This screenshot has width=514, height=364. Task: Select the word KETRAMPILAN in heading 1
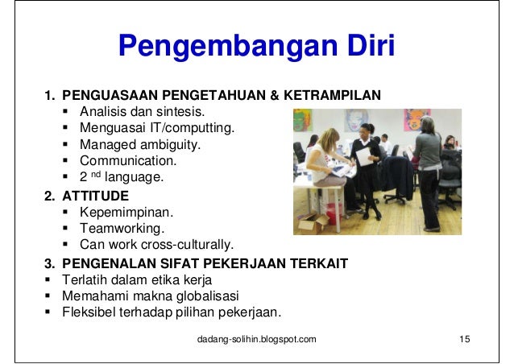(335, 96)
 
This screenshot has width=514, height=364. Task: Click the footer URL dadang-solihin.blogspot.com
(257, 338)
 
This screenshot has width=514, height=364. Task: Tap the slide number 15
(463, 338)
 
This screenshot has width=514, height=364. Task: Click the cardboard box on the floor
(312, 223)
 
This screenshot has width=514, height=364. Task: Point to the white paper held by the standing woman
(363, 156)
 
